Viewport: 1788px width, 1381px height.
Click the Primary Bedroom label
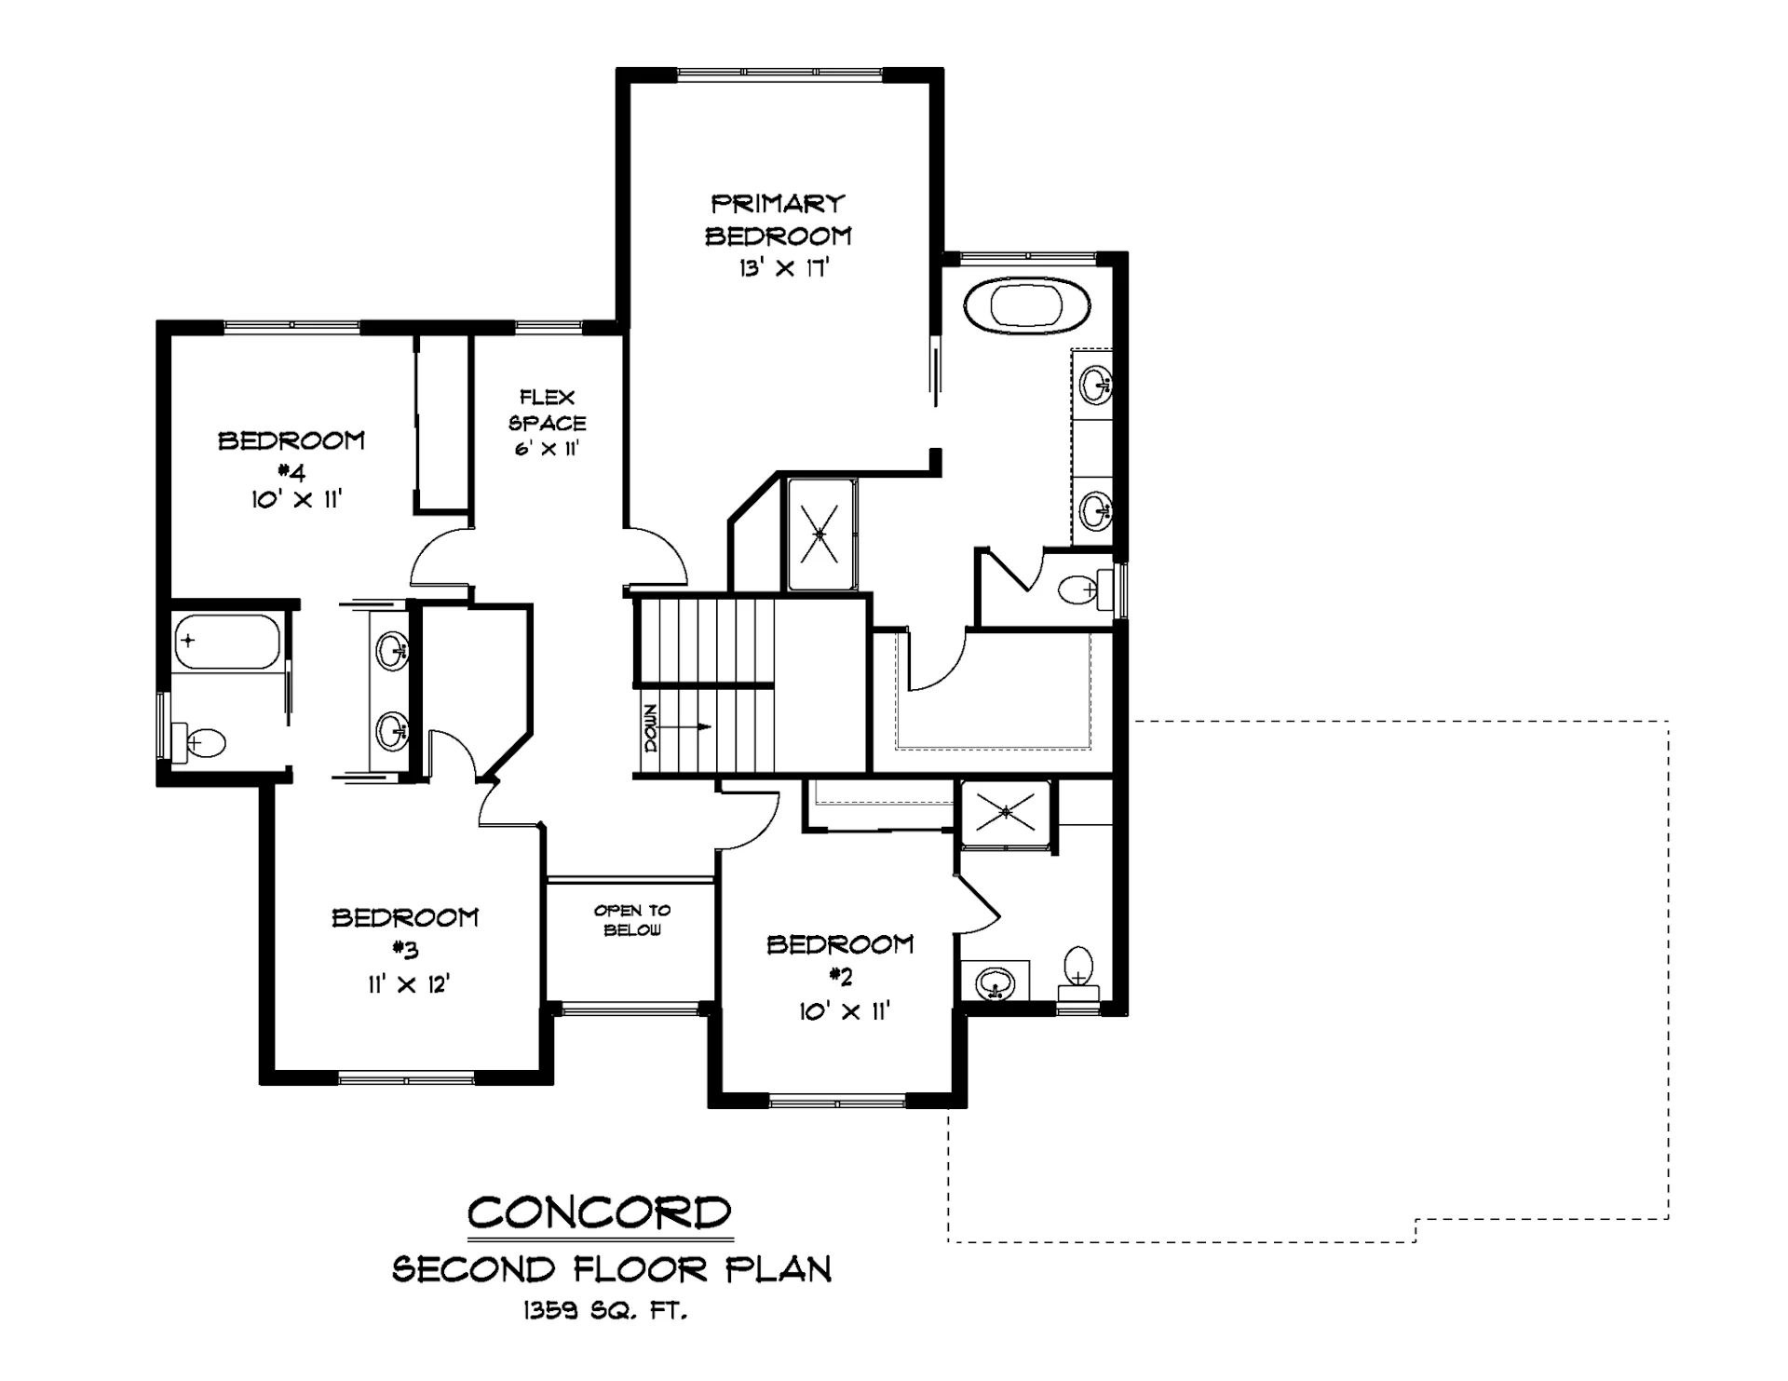point(778,220)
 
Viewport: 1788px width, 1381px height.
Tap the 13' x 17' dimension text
point(784,269)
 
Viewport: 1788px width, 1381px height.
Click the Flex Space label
point(548,410)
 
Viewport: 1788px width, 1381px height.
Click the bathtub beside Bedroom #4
point(226,641)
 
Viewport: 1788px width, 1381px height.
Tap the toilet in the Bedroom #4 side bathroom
point(198,742)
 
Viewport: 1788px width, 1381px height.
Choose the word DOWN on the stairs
point(649,727)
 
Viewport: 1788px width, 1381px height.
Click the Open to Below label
point(632,920)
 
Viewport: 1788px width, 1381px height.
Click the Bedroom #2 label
point(840,960)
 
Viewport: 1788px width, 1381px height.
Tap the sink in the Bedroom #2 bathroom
point(995,982)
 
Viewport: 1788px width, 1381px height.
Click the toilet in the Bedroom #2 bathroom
point(1078,974)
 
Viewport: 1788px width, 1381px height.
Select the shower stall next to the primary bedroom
point(820,535)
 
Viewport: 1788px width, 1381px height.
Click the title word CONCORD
point(600,1212)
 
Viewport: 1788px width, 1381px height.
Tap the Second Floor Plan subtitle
point(612,1269)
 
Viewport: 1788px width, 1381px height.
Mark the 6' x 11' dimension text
point(547,449)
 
